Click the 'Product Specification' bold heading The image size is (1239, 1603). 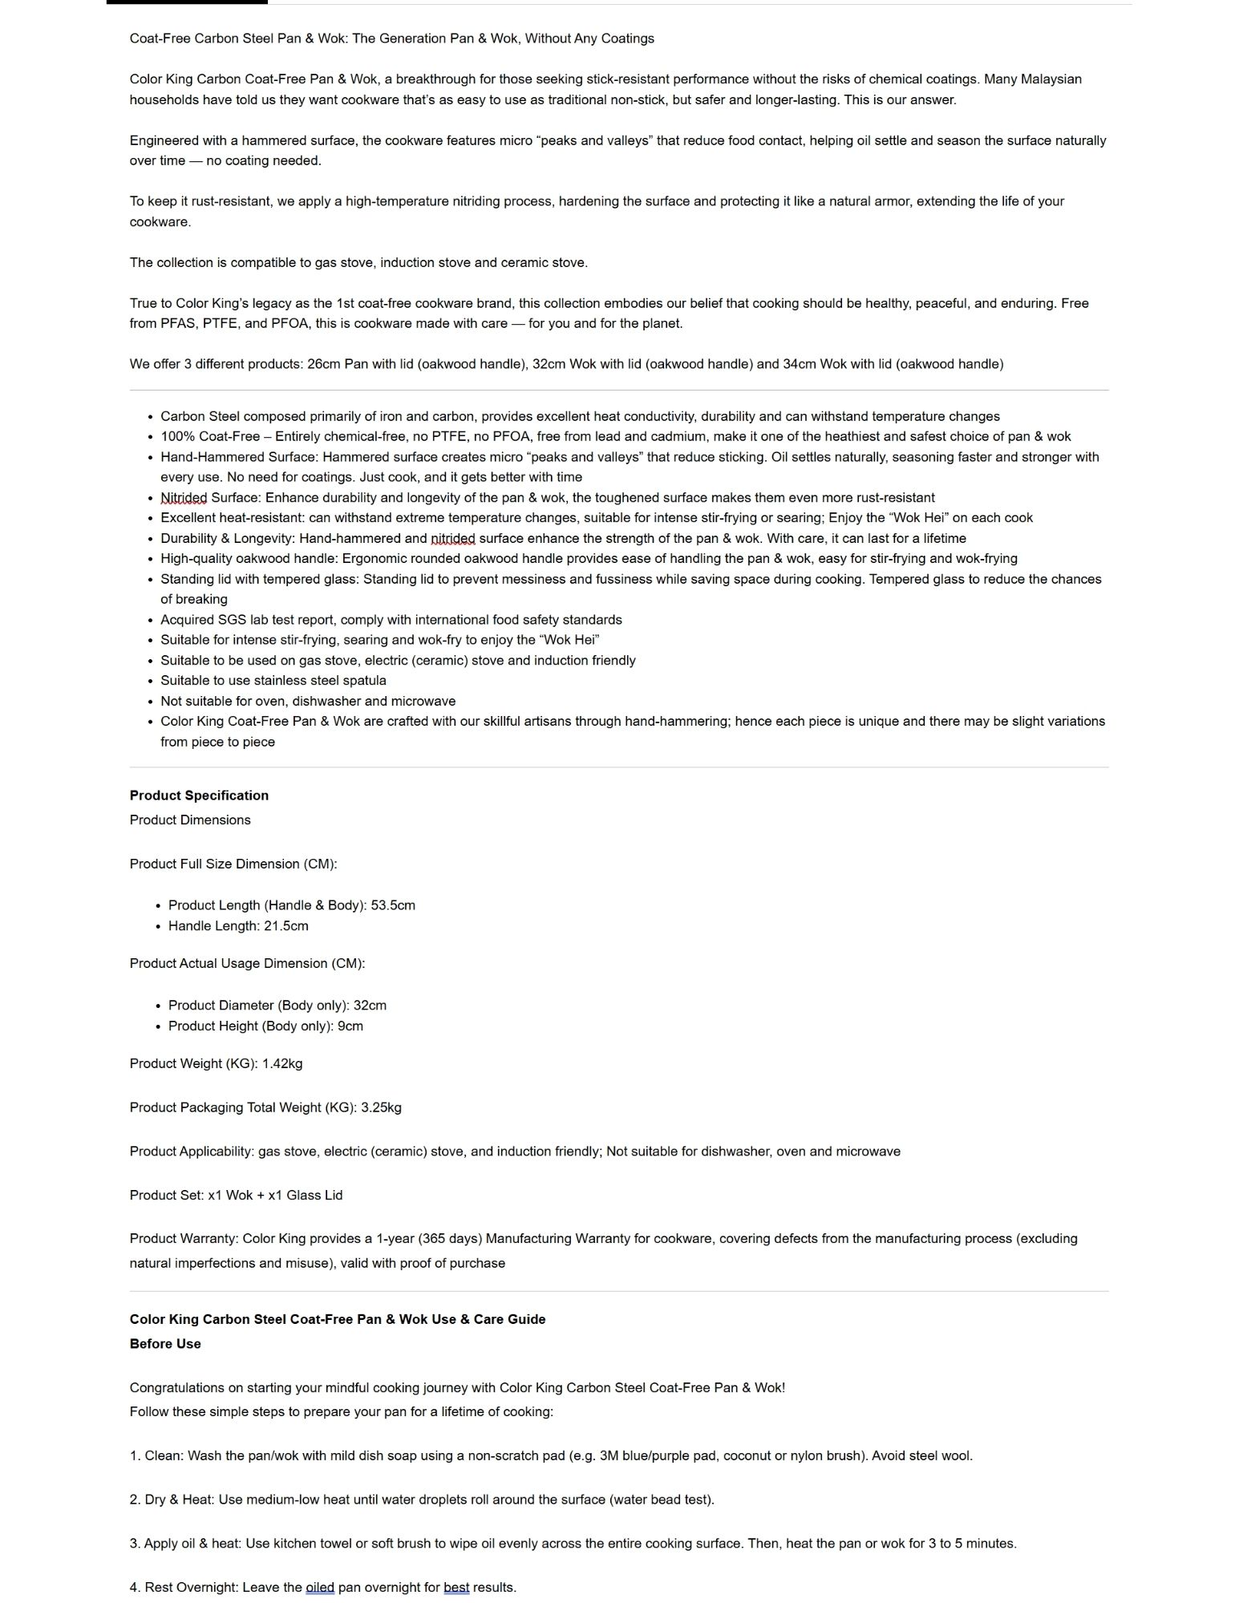(199, 795)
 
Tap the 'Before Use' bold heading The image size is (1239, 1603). (165, 1344)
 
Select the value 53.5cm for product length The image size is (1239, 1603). (393, 905)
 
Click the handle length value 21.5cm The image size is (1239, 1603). (286, 925)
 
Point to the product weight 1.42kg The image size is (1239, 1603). (282, 1063)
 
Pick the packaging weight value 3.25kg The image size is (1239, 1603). (381, 1107)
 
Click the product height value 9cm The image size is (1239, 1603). (350, 1026)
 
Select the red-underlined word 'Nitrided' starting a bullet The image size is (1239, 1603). (184, 498)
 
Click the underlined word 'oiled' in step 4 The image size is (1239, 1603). (320, 1587)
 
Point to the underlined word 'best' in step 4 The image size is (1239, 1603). (456, 1587)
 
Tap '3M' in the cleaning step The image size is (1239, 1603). (609, 1455)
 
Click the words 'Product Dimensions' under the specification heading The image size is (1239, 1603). (190, 820)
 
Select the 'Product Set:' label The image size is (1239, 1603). (167, 1195)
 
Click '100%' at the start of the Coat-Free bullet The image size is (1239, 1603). (176, 436)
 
